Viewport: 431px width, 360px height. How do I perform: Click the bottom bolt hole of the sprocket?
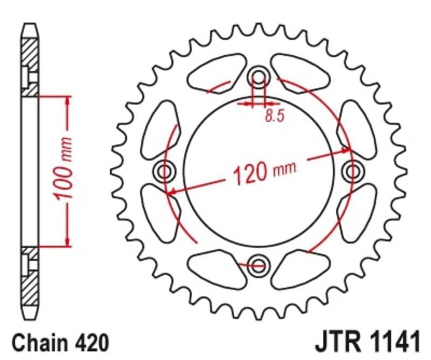[x=259, y=265]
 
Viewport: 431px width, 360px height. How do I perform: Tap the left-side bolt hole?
[x=165, y=171]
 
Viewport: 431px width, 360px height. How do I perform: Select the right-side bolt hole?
[x=352, y=171]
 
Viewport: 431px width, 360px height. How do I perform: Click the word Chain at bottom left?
[x=36, y=343]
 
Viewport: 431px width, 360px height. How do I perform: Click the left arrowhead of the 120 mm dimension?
[x=171, y=191]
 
